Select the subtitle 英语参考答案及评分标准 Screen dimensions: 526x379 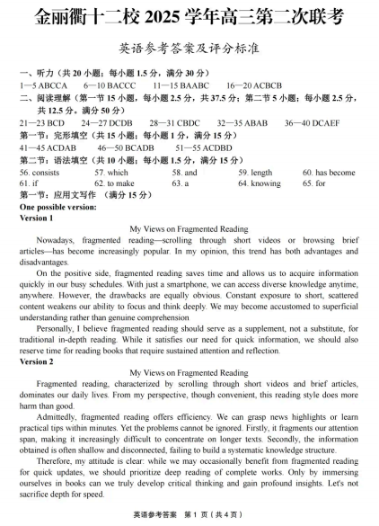[x=189, y=48]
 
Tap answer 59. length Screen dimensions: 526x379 [x=255, y=172]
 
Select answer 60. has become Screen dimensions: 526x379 [x=329, y=172]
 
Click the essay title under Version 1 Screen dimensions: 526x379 [x=189, y=229]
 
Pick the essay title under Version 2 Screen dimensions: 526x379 [x=189, y=372]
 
